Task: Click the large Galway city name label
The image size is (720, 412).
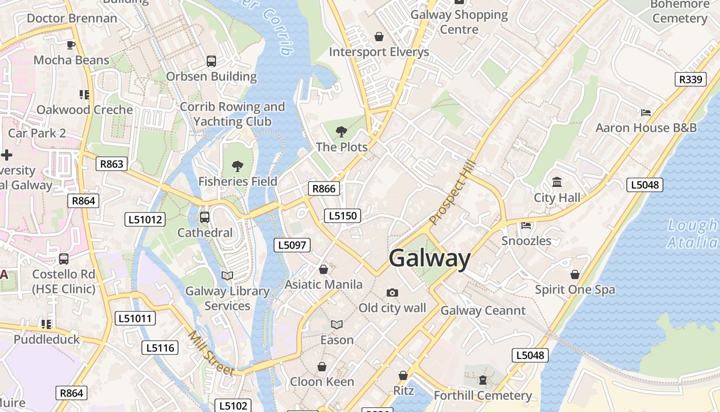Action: tap(429, 258)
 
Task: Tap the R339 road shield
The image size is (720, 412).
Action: tap(690, 79)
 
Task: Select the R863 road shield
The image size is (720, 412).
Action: tap(112, 164)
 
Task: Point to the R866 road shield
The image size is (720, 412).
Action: tap(324, 188)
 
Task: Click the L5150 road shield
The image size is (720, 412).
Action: tap(342, 215)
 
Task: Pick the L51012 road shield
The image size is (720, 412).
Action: tap(145, 219)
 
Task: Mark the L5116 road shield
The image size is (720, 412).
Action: tap(160, 348)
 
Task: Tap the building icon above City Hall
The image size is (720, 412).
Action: tap(556, 182)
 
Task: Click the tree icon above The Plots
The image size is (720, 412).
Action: tap(341, 131)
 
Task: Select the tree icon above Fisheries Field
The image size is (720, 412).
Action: tap(237, 166)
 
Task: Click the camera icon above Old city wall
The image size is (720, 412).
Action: tap(392, 293)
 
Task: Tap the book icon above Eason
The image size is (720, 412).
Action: tap(337, 324)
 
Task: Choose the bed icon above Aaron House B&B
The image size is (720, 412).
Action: tap(646, 112)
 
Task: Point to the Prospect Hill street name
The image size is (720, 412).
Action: tap(453, 193)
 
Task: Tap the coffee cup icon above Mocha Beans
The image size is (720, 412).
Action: tap(71, 45)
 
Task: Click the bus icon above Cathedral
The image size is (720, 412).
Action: tap(205, 217)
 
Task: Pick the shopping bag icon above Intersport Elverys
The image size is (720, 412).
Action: tap(379, 36)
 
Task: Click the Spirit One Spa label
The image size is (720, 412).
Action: tap(574, 289)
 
